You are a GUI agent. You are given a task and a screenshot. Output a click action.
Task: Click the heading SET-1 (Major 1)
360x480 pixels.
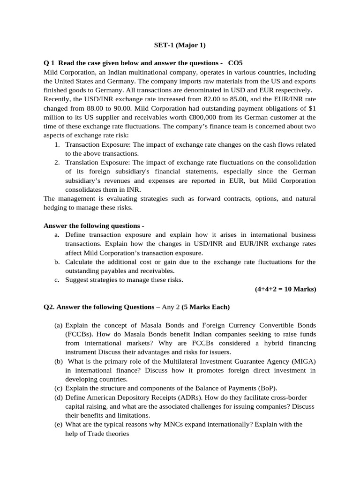[180, 45]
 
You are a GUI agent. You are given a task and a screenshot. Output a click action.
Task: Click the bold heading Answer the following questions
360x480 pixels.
[93, 225]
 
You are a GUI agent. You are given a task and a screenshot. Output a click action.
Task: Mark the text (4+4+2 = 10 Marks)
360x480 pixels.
[283, 289]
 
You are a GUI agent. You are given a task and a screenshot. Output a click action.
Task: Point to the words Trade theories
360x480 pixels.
[106, 433]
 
